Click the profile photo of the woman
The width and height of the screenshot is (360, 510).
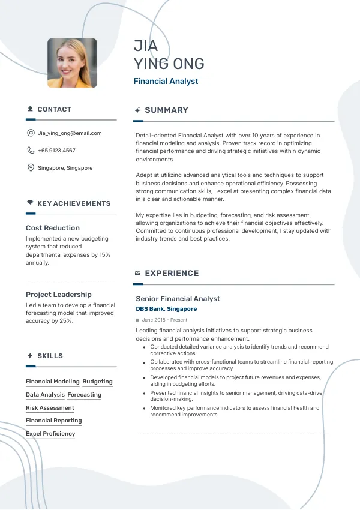(x=72, y=63)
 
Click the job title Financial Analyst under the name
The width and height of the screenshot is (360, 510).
(x=166, y=81)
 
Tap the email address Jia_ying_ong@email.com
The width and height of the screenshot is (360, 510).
(x=70, y=133)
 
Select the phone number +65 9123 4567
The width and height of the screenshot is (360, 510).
(x=56, y=151)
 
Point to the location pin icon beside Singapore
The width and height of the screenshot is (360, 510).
(x=31, y=168)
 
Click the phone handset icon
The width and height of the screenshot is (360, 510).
(x=31, y=151)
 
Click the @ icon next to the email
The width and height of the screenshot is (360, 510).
(x=31, y=133)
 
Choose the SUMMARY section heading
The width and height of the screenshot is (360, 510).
(x=166, y=110)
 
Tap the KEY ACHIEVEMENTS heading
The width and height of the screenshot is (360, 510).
(x=74, y=203)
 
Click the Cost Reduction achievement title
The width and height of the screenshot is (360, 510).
(x=53, y=228)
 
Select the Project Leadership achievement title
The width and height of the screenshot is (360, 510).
(x=59, y=295)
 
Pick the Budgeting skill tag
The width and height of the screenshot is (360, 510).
(x=97, y=382)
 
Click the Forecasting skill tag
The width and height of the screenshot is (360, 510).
(x=84, y=395)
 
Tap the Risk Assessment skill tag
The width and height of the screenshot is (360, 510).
(x=50, y=408)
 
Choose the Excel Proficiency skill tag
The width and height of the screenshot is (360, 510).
(x=50, y=434)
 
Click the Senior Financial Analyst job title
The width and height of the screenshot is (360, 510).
(x=178, y=299)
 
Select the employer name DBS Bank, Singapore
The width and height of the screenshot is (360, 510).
(x=166, y=309)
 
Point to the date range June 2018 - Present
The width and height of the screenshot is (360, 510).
(x=164, y=320)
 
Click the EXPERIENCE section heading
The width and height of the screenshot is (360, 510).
(x=172, y=274)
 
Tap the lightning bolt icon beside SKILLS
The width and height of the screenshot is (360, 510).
(x=30, y=356)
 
